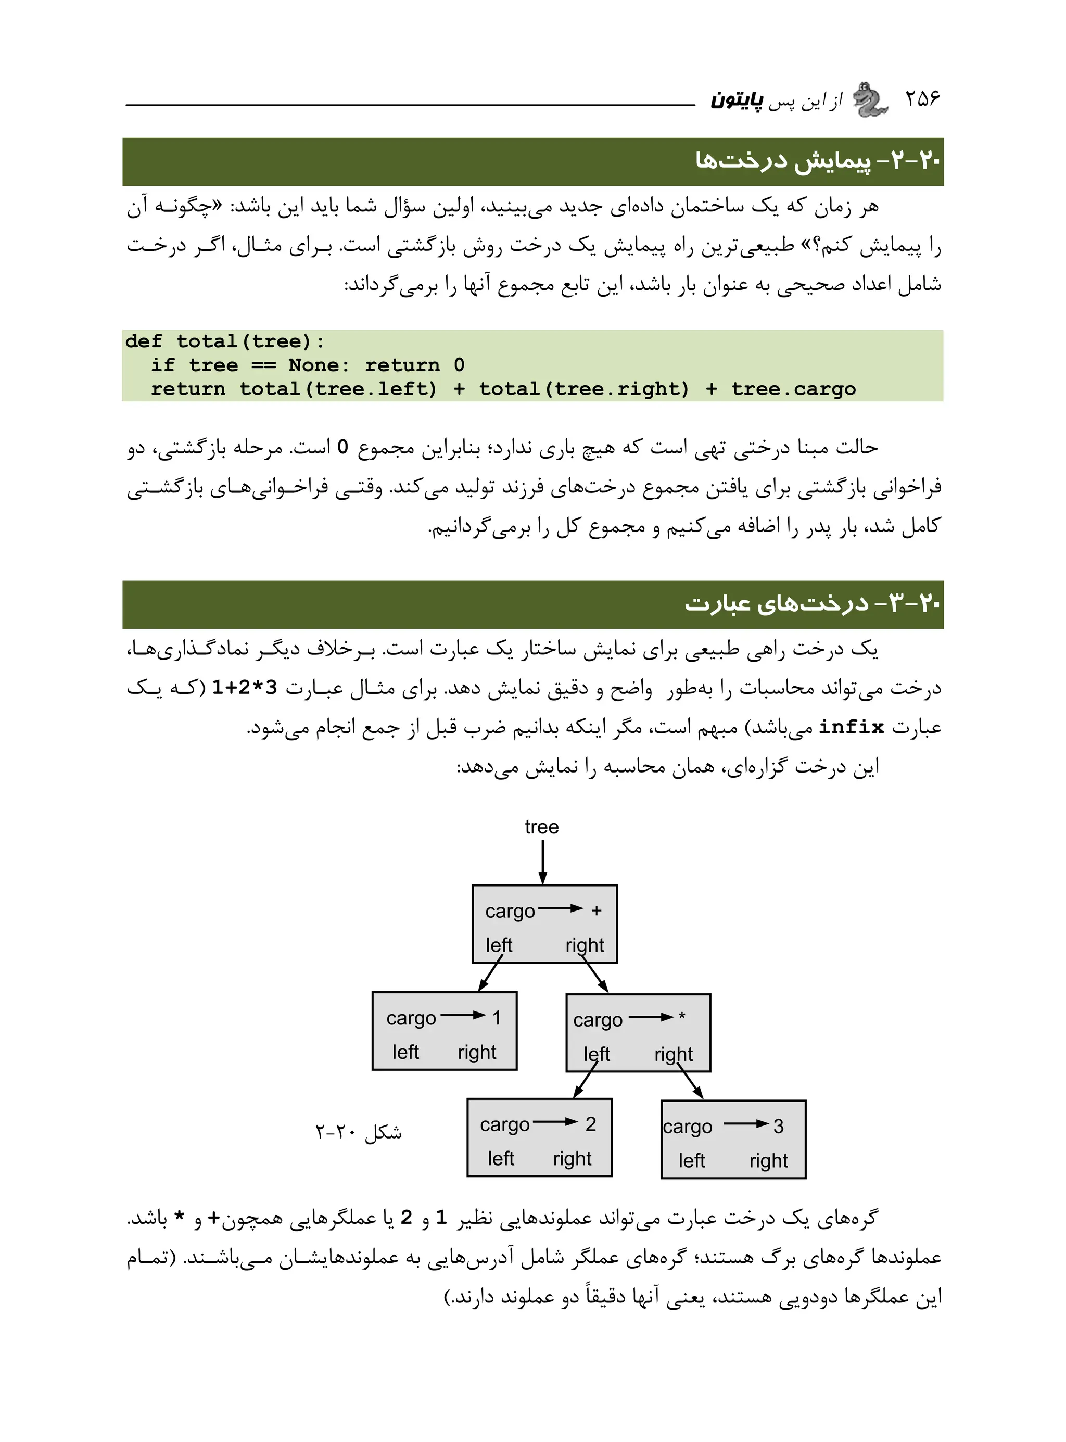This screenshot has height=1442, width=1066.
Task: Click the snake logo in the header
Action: coord(870,100)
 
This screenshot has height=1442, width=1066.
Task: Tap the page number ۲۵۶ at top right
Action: coord(922,99)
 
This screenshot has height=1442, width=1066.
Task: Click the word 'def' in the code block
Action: coord(143,341)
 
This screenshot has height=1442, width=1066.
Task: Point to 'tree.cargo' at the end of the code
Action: coord(793,389)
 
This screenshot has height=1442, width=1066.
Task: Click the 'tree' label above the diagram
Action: coord(541,827)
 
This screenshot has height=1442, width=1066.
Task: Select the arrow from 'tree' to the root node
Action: coord(543,862)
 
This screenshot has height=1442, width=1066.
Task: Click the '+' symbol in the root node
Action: coord(596,910)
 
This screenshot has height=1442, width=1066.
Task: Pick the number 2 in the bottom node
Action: coord(590,1124)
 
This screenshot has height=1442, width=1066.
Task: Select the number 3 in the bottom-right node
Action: coord(778,1127)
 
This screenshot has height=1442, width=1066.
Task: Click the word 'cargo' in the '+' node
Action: coord(510,911)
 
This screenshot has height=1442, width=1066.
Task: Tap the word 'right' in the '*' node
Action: coord(673,1054)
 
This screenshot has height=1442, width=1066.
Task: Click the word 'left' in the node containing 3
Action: coord(691,1161)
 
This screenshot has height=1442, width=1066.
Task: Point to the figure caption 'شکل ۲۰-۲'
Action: coord(358,1132)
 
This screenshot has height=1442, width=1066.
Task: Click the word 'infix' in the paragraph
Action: coord(851,727)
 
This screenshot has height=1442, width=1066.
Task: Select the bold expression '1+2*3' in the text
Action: coord(245,688)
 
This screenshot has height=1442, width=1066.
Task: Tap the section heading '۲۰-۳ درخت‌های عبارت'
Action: coord(812,604)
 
